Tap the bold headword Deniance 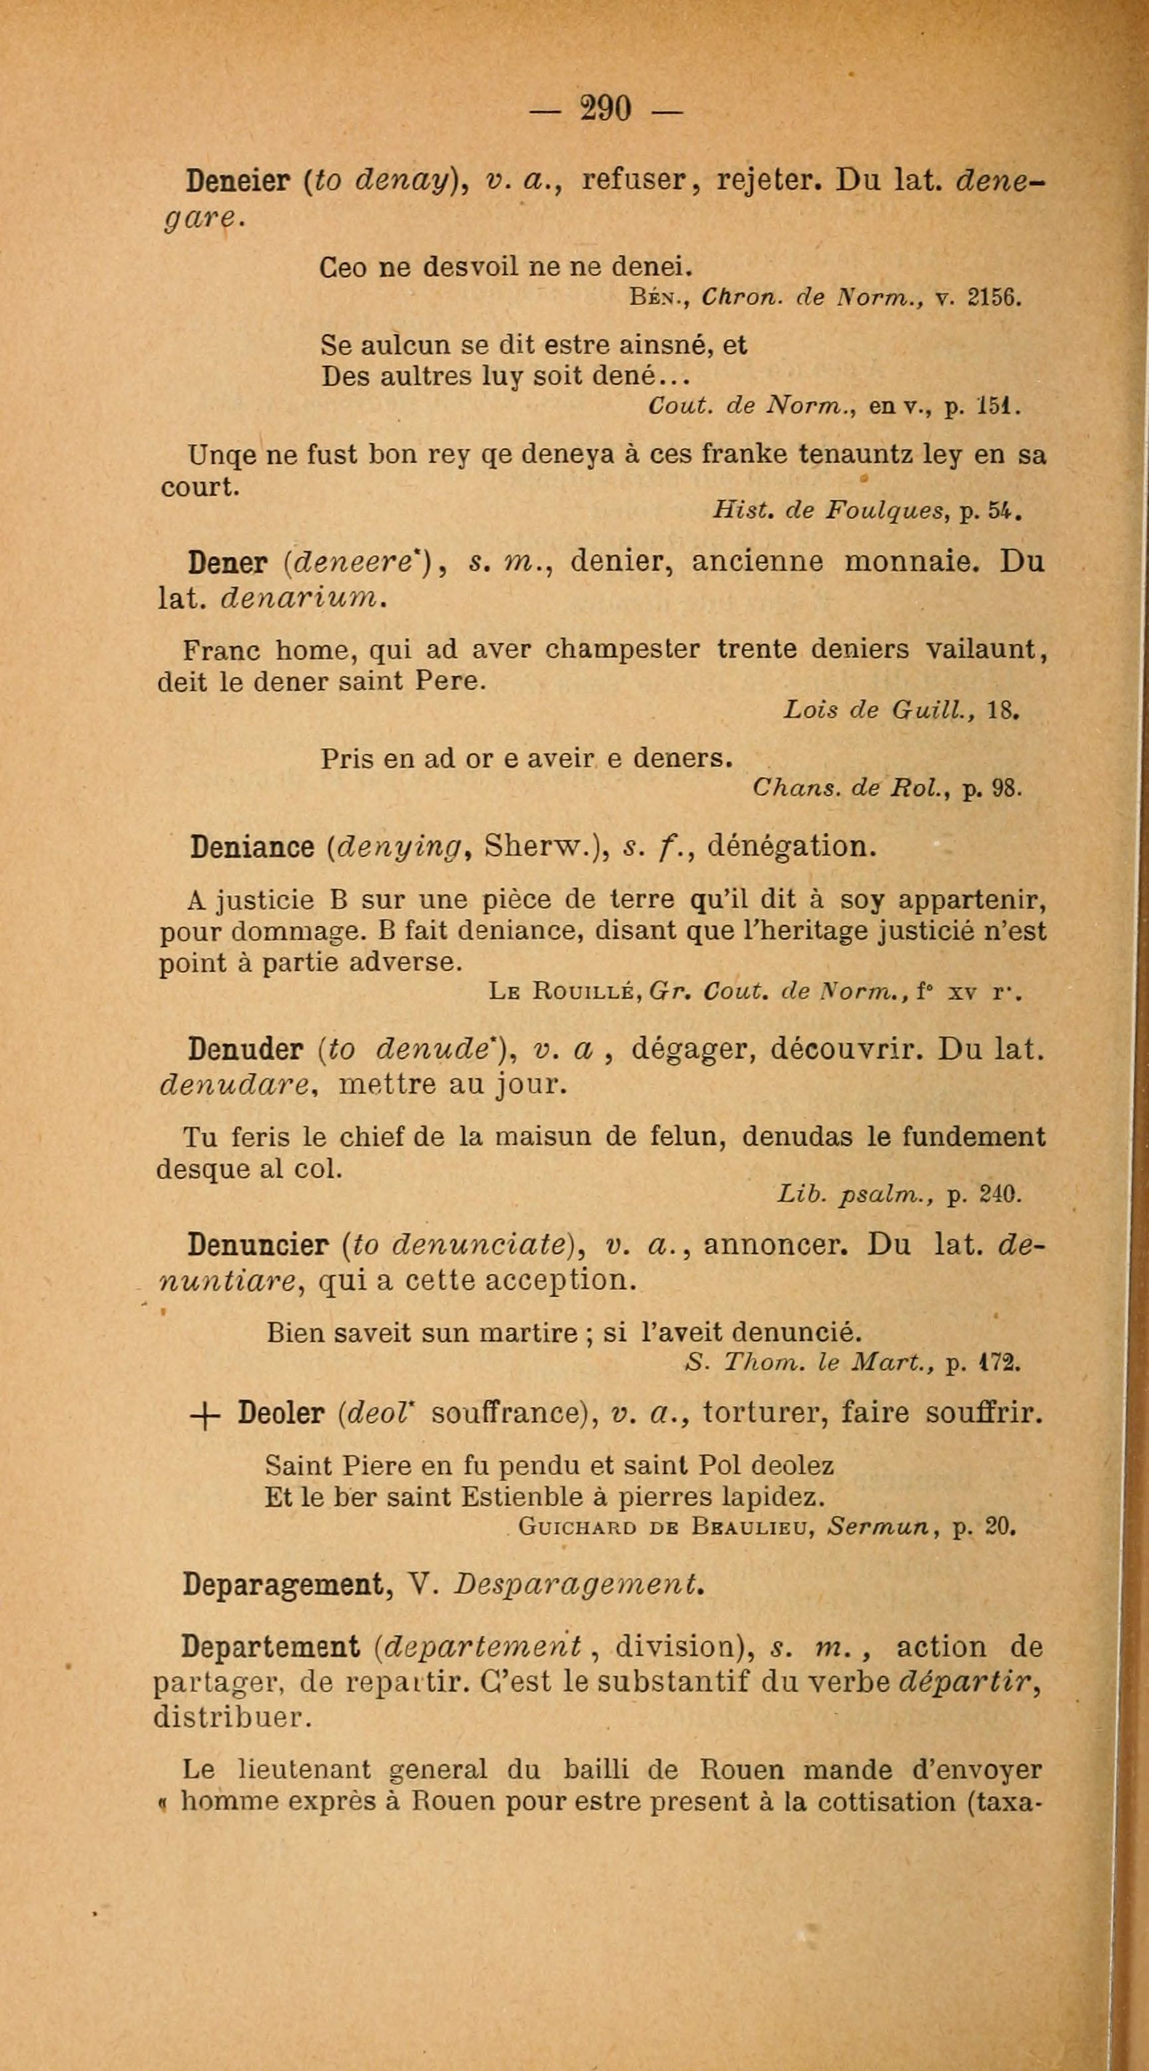pos(251,847)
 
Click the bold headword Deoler pos(281,1412)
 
